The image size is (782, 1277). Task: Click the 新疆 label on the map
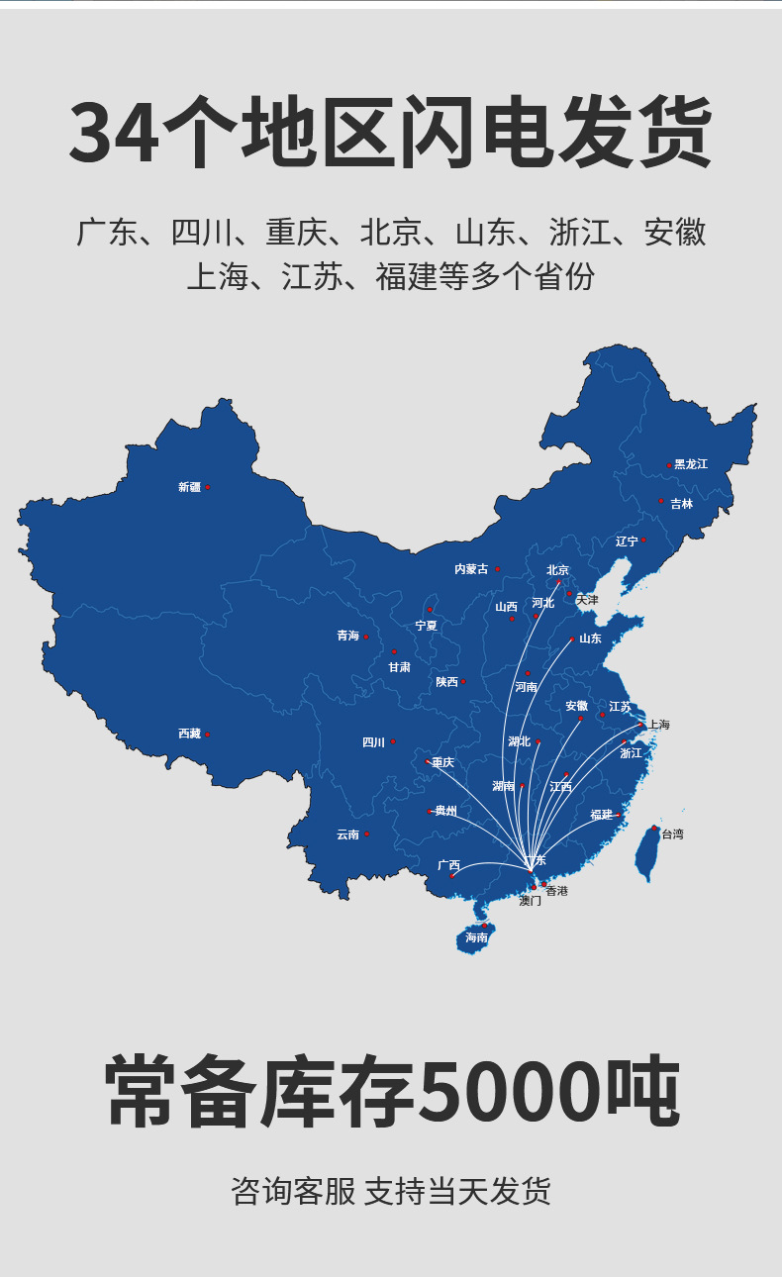pyautogui.click(x=189, y=487)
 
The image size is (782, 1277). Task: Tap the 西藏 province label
pyautogui.click(x=189, y=734)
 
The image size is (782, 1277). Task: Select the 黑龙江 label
pyautogui.click(x=691, y=464)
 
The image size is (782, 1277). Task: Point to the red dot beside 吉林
pyautogui.click(x=661, y=501)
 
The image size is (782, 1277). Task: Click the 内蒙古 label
pyautogui.click(x=471, y=569)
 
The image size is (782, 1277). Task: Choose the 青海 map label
pyautogui.click(x=347, y=636)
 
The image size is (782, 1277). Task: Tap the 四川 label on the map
pyautogui.click(x=373, y=742)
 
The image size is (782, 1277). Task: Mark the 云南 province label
pyautogui.click(x=347, y=835)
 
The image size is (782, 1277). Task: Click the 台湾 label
pyautogui.click(x=672, y=835)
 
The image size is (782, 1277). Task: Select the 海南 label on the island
pyautogui.click(x=476, y=937)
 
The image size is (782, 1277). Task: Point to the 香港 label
pyautogui.click(x=557, y=891)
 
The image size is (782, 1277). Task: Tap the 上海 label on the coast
pyautogui.click(x=659, y=725)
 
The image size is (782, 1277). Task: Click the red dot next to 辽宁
pyautogui.click(x=643, y=540)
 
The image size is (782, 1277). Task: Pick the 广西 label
pyautogui.click(x=448, y=865)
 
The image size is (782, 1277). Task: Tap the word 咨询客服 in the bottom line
pyautogui.click(x=292, y=1191)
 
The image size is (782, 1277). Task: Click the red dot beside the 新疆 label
pyautogui.click(x=207, y=487)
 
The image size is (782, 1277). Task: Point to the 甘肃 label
pyautogui.click(x=399, y=667)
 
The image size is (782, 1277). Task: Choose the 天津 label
pyautogui.click(x=587, y=600)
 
